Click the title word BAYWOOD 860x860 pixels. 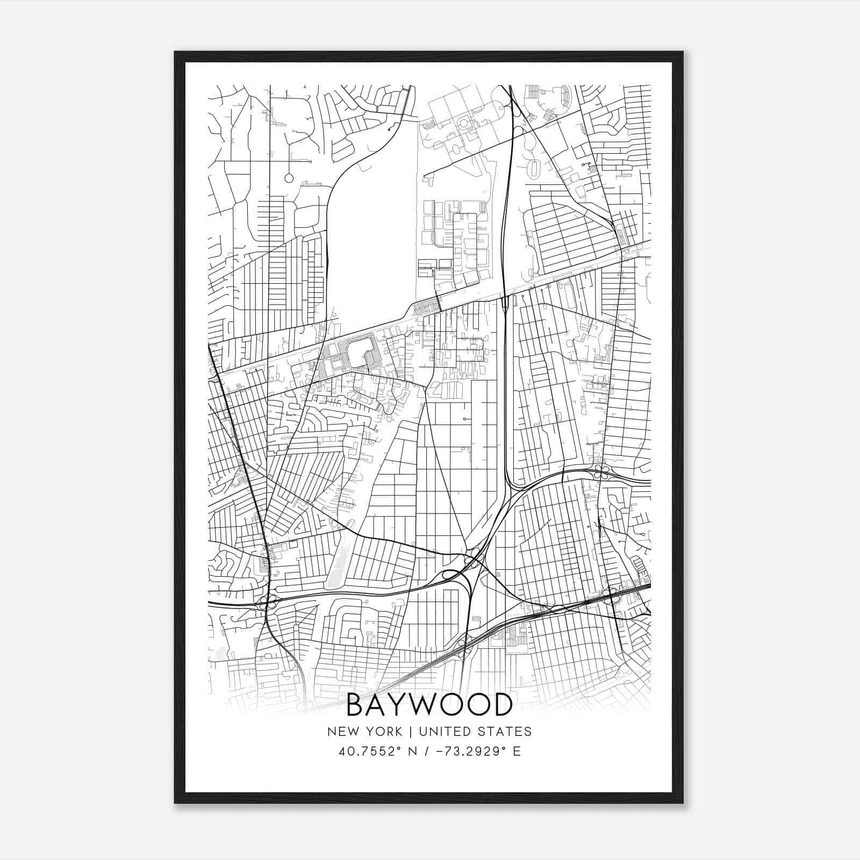(x=429, y=705)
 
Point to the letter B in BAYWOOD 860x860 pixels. (x=356, y=705)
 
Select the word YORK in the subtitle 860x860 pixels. (x=382, y=732)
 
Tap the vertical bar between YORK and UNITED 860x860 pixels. (x=410, y=732)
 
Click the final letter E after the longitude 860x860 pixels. (x=517, y=751)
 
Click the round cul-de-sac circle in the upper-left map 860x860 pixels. (x=289, y=177)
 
